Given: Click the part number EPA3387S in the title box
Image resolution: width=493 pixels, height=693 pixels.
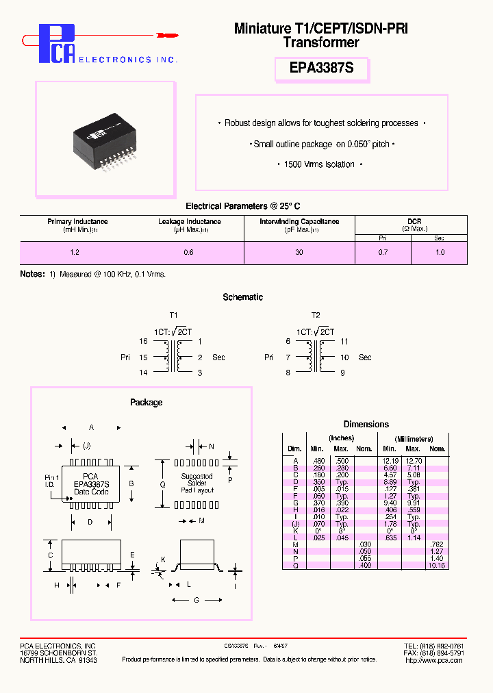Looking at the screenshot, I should [x=322, y=70].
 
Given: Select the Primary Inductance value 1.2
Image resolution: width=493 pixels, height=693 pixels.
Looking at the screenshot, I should [x=75, y=253].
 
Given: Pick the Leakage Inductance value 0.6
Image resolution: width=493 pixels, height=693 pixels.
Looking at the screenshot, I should [x=189, y=253].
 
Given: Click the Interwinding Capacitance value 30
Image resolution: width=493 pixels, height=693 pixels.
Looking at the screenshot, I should [x=299, y=253].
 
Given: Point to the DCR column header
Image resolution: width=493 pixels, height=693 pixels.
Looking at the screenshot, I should [x=414, y=221].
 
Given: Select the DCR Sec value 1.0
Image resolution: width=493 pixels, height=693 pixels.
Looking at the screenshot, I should [x=440, y=253].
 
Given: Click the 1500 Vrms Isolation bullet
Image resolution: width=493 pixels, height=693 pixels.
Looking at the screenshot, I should [x=320, y=164].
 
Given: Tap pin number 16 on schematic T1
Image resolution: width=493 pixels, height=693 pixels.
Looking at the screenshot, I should [x=143, y=341].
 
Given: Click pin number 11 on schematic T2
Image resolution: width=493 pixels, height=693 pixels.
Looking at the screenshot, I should [x=344, y=341].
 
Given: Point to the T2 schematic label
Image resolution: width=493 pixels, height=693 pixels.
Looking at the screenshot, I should [x=316, y=315].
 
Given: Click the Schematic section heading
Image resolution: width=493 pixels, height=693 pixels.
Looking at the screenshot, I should [x=242, y=297].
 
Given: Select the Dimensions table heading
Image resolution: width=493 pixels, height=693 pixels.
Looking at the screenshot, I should [x=366, y=425].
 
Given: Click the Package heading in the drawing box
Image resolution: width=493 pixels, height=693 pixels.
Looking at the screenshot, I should [x=146, y=403].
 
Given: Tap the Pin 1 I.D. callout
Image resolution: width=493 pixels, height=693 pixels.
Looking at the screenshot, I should [x=52, y=480].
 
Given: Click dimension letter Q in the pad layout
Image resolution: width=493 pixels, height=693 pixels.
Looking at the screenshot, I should [x=162, y=483].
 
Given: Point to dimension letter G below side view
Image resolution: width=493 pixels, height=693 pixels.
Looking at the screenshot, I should [x=197, y=601].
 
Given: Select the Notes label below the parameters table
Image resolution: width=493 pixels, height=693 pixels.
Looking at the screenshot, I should [x=32, y=274].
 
